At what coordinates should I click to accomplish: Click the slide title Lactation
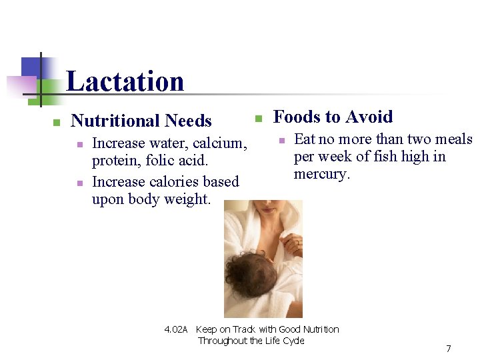125,81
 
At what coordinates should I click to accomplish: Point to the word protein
115,161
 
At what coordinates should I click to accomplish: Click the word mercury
321,175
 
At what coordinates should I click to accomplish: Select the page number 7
448,349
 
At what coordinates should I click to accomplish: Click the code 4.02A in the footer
177,329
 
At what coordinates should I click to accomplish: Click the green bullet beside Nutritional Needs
57,122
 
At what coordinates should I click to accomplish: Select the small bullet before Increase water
79,144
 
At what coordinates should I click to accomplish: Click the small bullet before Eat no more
281,140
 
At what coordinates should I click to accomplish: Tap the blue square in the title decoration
32,68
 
